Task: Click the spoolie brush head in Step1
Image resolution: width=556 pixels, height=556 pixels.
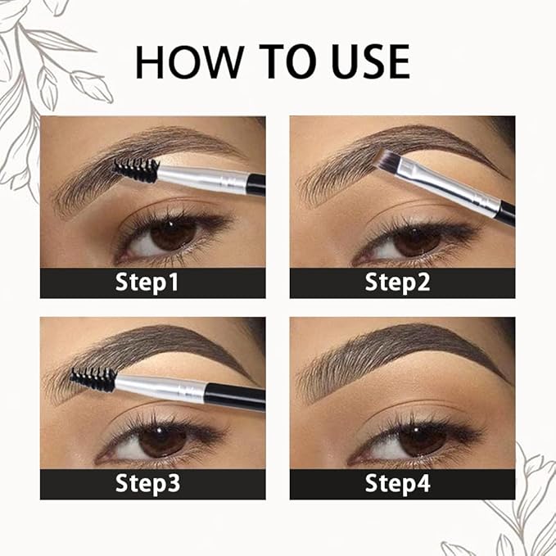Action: click(136, 170)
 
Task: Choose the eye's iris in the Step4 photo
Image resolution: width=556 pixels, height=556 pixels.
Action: click(422, 440)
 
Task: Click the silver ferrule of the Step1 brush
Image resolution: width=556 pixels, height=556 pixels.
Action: click(201, 177)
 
